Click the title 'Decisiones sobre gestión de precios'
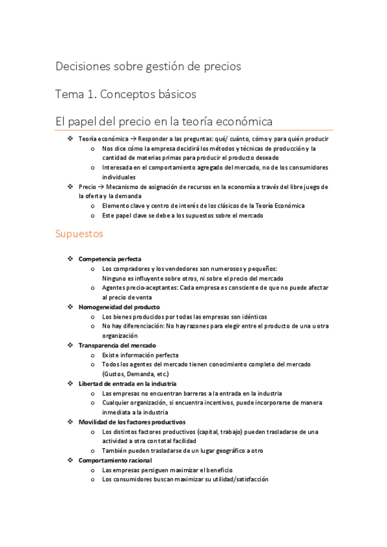coord(148,66)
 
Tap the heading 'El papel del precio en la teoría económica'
coord(164,121)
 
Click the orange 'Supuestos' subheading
coord(79,234)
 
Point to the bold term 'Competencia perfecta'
coord(109,259)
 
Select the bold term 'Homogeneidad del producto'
coord(119,307)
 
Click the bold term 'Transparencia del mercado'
coord(117,345)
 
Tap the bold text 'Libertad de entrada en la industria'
coord(127,383)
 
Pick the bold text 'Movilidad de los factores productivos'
coord(132,422)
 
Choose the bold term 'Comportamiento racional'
coord(115,461)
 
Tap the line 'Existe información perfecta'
coord(140,355)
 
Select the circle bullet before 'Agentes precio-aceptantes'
coord(94,288)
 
